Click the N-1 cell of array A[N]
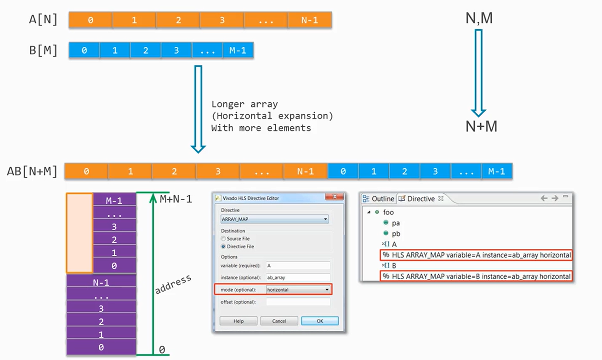[309, 20]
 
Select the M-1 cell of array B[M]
[238, 51]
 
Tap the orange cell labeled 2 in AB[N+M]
[174, 171]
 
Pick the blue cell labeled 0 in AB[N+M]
[343, 171]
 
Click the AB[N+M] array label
[32, 171]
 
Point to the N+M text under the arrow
[481, 127]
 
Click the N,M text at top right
[479, 18]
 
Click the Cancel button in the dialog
[279, 321]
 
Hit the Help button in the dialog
[238, 321]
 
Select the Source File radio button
[224, 239]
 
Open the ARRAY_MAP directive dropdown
[275, 219]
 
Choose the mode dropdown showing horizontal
[298, 290]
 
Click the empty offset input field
[298, 302]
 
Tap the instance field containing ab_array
[298, 277]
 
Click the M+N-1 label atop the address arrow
[176, 199]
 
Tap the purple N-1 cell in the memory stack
[101, 283]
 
